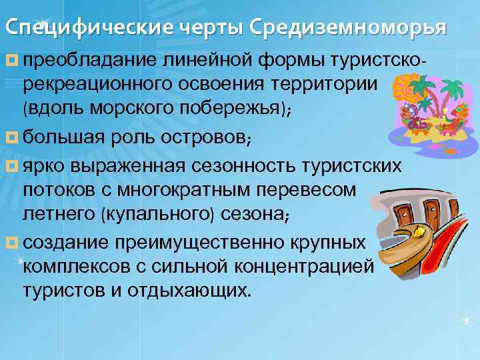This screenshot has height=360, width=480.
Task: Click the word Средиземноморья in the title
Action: [350, 29]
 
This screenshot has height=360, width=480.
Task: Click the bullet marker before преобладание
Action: [12, 62]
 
